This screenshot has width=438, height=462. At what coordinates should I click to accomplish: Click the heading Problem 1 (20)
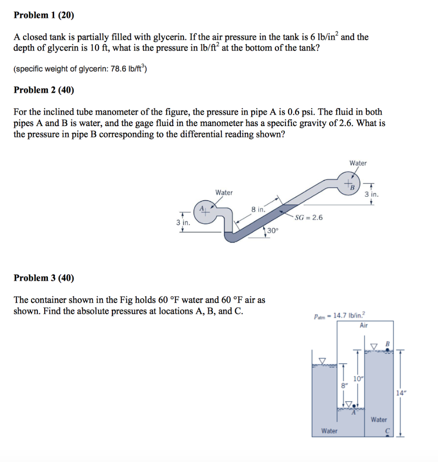(x=44, y=15)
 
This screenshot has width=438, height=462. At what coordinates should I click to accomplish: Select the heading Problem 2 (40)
(x=44, y=90)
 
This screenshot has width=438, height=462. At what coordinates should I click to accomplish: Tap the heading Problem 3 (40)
(x=44, y=277)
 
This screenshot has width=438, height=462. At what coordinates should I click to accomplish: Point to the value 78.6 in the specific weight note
(x=119, y=69)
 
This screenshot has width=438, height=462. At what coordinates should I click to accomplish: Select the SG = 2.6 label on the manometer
(x=309, y=217)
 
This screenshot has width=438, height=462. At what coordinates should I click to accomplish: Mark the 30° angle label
(x=273, y=230)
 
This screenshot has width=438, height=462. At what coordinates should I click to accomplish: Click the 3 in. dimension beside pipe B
(x=372, y=195)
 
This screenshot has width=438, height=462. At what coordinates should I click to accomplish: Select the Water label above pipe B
(x=358, y=163)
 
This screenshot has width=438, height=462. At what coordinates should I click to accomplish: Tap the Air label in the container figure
(x=364, y=325)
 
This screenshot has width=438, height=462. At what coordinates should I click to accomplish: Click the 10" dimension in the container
(x=357, y=378)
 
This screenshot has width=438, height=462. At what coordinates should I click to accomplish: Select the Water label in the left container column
(x=329, y=431)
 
